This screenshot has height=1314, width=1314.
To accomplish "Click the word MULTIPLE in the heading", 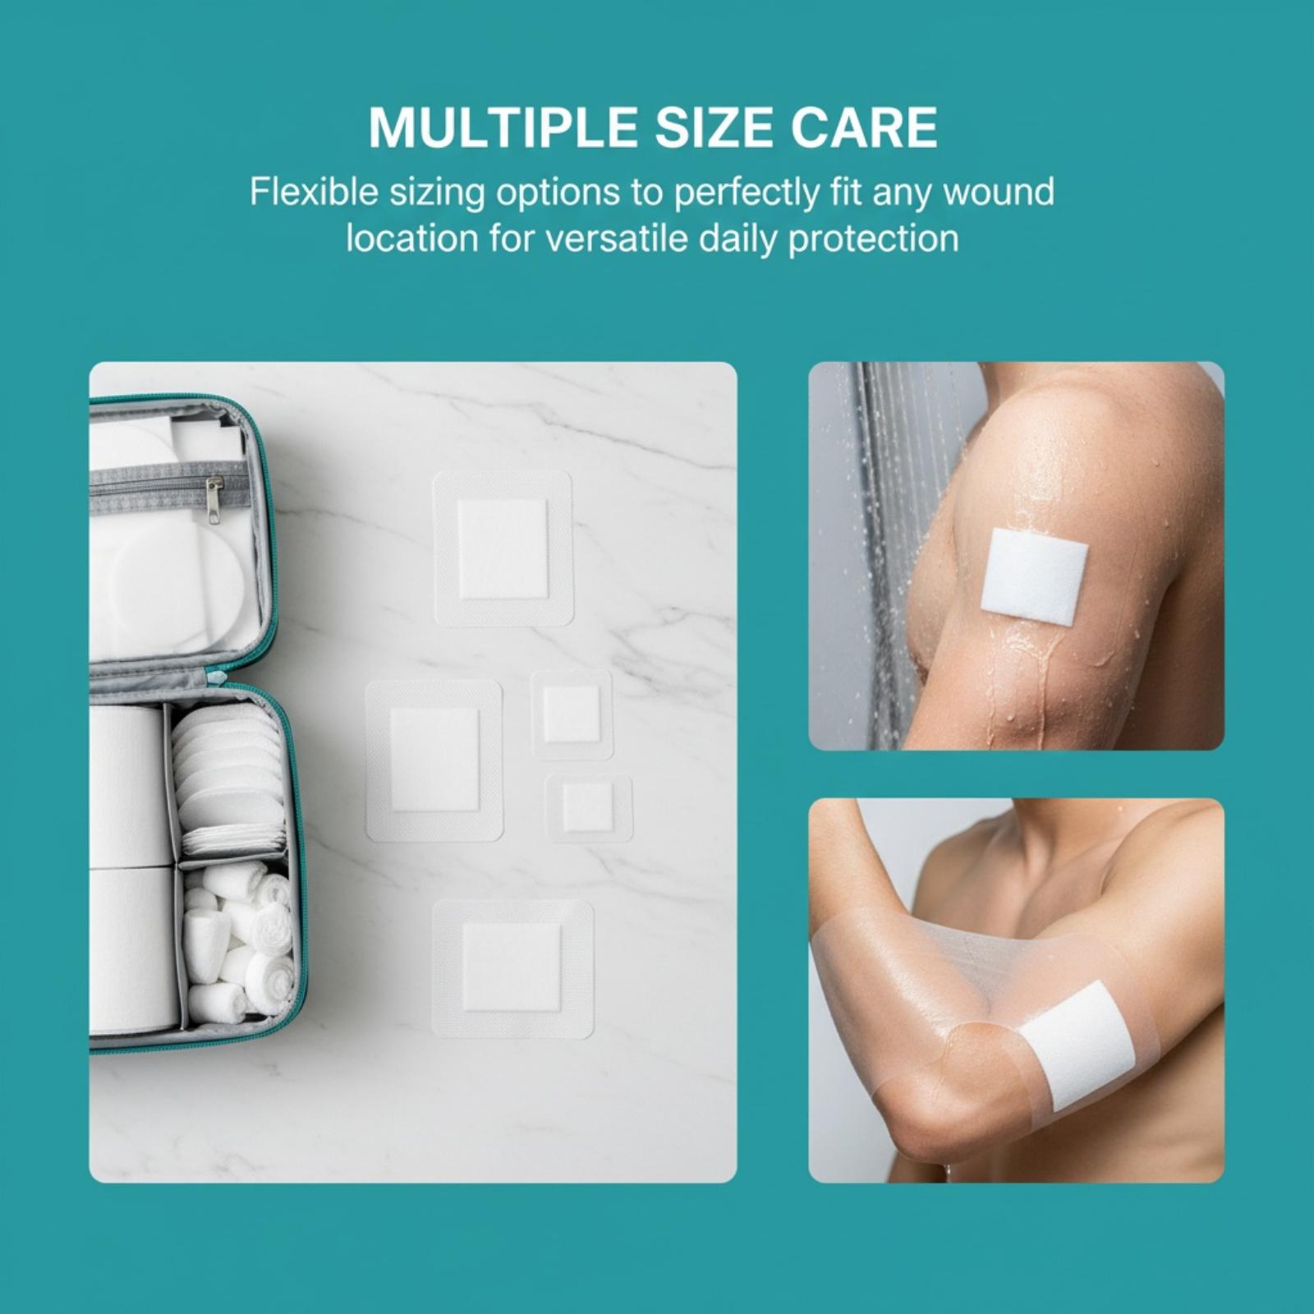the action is point(503,127).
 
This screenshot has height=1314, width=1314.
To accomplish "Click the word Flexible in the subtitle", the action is point(314,192).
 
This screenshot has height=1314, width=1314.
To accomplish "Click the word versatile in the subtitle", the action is point(616,239).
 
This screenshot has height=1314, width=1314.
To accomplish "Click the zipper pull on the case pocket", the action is point(214,499).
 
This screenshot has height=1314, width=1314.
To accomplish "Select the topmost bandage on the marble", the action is point(503,548).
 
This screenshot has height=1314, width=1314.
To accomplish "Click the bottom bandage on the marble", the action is point(512,968).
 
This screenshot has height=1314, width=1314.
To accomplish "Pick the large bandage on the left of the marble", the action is point(434,760).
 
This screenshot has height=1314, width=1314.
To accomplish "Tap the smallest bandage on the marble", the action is point(588,807).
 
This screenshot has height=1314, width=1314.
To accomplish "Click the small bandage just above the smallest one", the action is point(571,714).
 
